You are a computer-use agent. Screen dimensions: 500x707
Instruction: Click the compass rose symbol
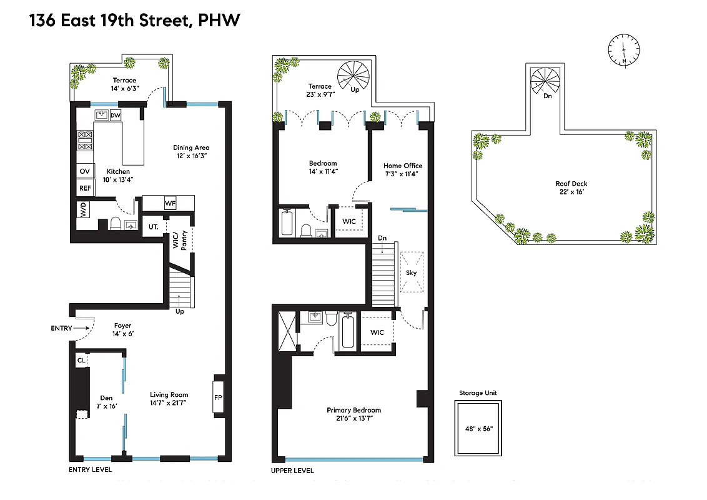click(x=624, y=49)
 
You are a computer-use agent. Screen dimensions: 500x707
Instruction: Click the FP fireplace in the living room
click(x=218, y=396)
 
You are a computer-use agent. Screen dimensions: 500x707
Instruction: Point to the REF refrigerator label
click(x=84, y=187)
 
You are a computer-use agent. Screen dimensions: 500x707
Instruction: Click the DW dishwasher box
click(x=116, y=116)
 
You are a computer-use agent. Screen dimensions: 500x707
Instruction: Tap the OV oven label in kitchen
click(x=84, y=171)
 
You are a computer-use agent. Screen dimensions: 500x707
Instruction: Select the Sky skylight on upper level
click(x=411, y=272)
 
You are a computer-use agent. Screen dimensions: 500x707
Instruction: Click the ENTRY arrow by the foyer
click(x=81, y=327)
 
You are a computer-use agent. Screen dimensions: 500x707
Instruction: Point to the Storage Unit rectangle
click(x=479, y=428)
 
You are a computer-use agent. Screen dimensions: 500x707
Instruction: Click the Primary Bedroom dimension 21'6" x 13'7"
click(x=353, y=419)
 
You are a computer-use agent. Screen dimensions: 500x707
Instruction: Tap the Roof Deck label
click(x=571, y=184)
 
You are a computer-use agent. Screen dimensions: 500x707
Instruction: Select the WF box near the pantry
click(x=171, y=203)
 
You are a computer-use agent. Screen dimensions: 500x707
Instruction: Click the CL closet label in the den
click(x=81, y=361)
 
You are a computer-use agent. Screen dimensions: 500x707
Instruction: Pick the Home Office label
click(x=402, y=166)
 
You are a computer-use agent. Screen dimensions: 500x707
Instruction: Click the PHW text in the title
click(x=219, y=21)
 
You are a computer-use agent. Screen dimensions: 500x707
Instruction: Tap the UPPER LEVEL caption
click(x=292, y=471)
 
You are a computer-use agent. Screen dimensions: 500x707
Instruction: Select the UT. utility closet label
click(x=152, y=227)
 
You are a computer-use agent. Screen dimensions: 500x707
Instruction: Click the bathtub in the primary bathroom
click(x=347, y=331)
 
